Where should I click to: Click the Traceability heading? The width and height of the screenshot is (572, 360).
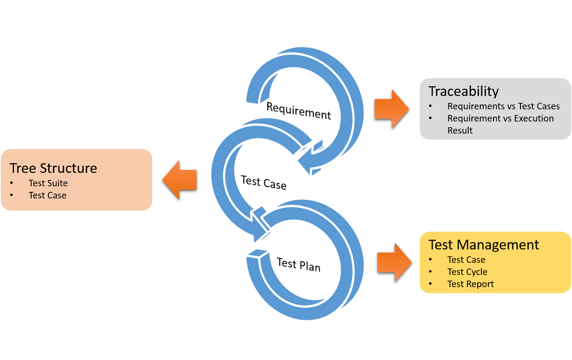click(x=463, y=92)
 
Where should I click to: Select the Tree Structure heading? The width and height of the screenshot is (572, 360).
click(x=53, y=168)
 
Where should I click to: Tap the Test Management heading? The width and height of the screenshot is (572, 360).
click(x=484, y=245)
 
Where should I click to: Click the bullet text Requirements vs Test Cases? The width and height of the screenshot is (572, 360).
click(x=503, y=107)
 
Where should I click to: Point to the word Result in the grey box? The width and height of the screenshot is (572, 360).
click(x=460, y=131)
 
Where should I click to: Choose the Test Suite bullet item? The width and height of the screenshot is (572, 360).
click(x=48, y=183)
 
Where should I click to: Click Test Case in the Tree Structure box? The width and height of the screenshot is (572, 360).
click(x=47, y=196)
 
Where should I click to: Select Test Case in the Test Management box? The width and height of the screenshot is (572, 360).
click(x=466, y=260)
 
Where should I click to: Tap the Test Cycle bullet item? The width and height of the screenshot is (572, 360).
click(x=467, y=272)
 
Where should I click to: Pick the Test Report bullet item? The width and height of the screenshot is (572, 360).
click(x=470, y=284)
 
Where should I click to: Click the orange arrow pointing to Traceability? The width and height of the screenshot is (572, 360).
click(x=391, y=109)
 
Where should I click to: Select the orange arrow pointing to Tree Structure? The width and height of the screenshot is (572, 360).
click(x=180, y=179)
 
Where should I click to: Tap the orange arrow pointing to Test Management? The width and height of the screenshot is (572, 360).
click(x=394, y=262)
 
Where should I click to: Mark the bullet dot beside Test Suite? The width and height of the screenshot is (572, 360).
click(x=12, y=183)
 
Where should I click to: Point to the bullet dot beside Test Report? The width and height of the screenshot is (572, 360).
click(x=431, y=284)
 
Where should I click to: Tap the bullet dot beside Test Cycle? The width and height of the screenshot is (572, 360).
click(x=431, y=272)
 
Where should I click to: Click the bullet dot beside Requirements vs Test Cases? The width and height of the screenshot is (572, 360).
click(x=431, y=106)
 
